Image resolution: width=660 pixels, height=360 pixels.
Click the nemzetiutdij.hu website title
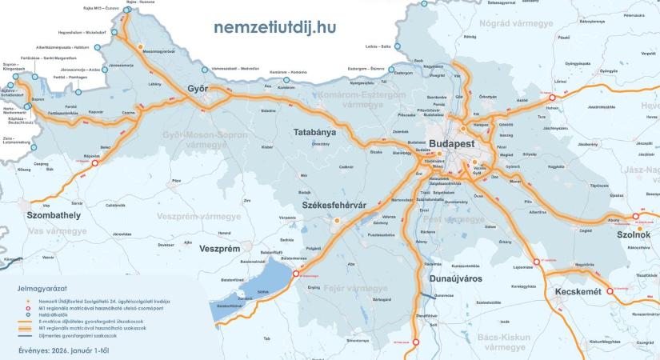(x=274, y=26)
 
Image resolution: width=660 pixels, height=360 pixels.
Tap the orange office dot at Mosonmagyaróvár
(x=140, y=47)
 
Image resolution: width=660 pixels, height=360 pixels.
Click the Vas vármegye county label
(x=55, y=231)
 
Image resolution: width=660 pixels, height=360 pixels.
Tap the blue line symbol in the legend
(x=27, y=337)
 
